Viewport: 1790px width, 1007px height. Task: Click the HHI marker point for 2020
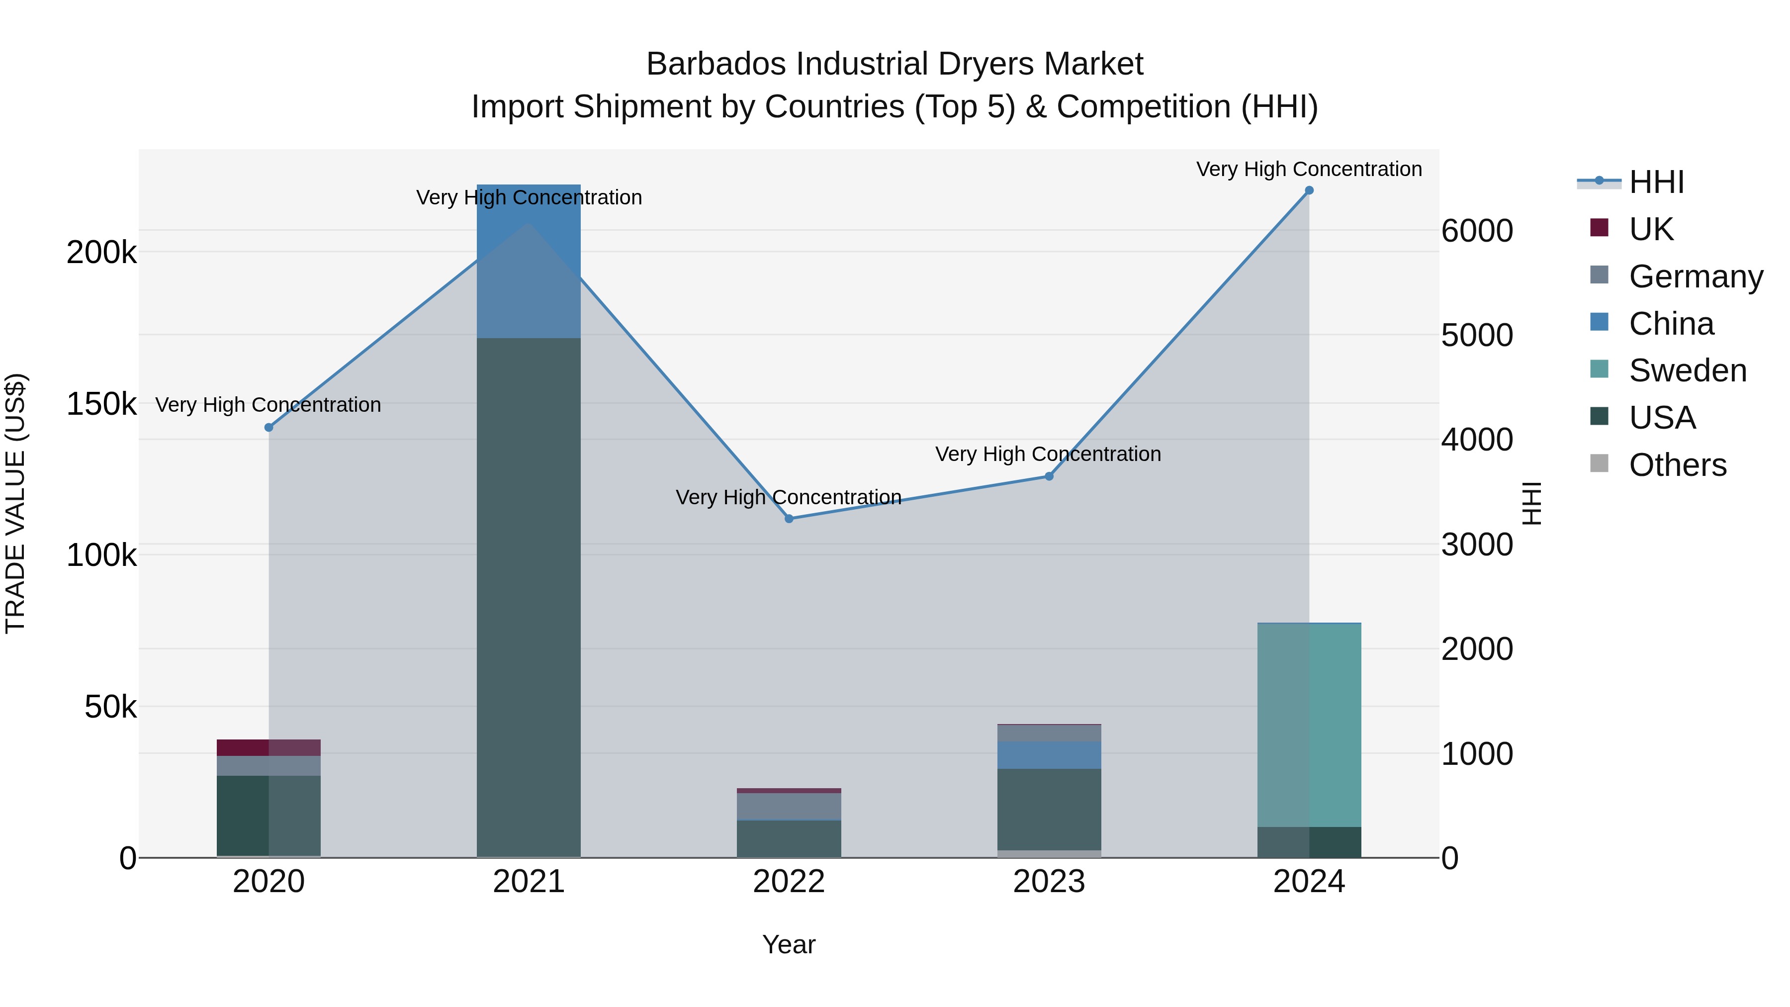[x=269, y=427]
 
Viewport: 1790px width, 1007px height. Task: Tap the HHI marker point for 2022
[x=789, y=519]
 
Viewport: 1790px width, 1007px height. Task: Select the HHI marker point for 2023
[x=1049, y=476]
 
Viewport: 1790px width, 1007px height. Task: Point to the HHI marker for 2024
[x=1309, y=190]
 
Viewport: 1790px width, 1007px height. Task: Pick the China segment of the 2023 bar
[x=1049, y=755]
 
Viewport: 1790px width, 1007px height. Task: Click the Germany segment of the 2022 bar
[x=789, y=806]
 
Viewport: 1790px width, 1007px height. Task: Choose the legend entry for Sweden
[x=1687, y=370]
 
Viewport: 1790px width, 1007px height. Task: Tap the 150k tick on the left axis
[x=101, y=404]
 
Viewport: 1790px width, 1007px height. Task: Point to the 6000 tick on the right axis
[x=1477, y=231]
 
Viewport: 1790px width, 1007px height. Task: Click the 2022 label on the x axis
[x=789, y=882]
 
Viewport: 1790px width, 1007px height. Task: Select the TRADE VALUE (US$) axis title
[x=15, y=503]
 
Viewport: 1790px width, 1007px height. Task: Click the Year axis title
[x=789, y=944]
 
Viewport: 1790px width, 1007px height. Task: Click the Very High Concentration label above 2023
[x=1048, y=454]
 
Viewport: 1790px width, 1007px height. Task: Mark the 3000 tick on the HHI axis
[x=1477, y=545]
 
